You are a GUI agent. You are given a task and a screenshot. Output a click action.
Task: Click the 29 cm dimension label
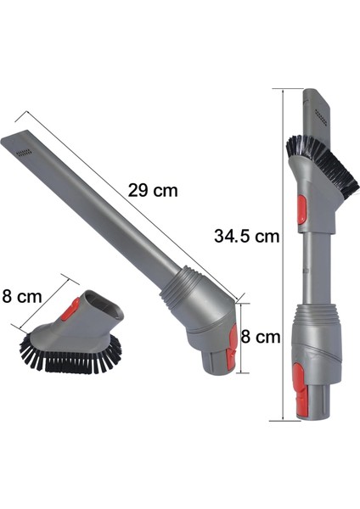(153, 191)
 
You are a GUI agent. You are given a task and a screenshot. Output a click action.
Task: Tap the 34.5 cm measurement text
(246, 237)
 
